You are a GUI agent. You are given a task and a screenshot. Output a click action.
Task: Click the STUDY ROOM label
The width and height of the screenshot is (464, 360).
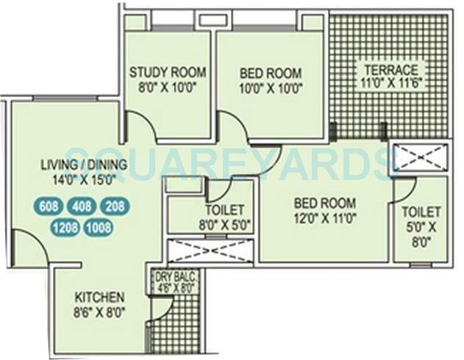tap(167, 72)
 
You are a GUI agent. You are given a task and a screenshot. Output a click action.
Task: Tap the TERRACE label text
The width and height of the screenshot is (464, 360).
tap(390, 71)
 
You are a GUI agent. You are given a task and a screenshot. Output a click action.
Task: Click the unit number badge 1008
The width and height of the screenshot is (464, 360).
tap(99, 227)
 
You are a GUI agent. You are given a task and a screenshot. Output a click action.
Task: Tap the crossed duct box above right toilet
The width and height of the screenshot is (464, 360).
tap(420, 157)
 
